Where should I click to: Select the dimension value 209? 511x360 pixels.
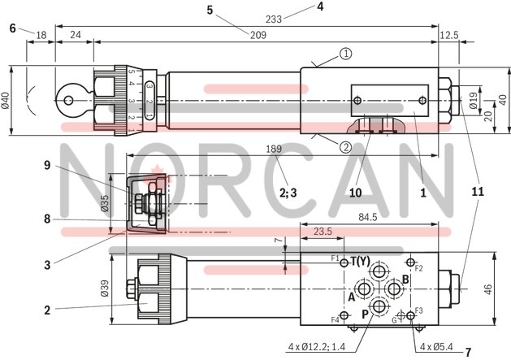pyautogui.click(x=257, y=34)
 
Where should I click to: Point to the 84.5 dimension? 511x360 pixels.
pyautogui.click(x=392, y=217)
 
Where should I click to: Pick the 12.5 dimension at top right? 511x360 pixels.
pyautogui.click(x=448, y=34)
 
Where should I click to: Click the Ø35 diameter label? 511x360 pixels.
pyautogui.click(x=115, y=204)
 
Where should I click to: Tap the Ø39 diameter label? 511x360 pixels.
pyautogui.click(x=115, y=288)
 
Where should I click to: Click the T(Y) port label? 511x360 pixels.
pyautogui.click(x=360, y=261)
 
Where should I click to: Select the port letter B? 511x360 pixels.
pyautogui.click(x=405, y=278)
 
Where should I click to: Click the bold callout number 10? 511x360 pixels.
pyautogui.click(x=355, y=193)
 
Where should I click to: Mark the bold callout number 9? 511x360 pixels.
pyautogui.click(x=48, y=165)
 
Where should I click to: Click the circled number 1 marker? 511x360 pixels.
pyautogui.click(x=346, y=54)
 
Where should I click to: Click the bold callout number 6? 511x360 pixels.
pyautogui.click(x=12, y=28)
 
